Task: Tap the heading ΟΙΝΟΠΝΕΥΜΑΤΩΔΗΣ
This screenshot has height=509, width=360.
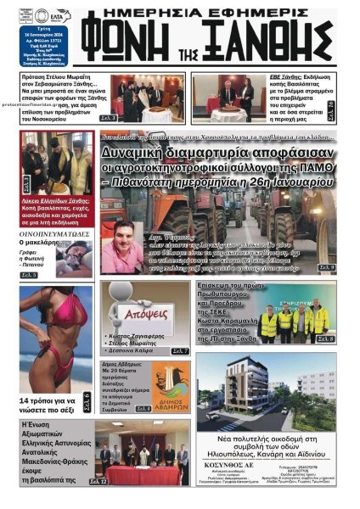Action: point(53,229)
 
